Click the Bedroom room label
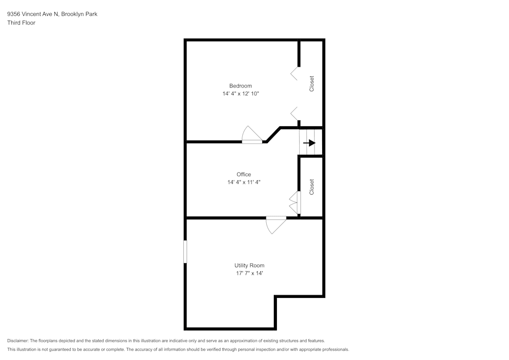(240, 86)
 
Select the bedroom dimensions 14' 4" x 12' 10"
(240, 94)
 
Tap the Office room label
(243, 174)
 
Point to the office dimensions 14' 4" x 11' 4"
(244, 182)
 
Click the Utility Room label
(249, 265)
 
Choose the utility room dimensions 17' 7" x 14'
(249, 273)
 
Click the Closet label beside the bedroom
(312, 84)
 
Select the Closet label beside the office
(312, 187)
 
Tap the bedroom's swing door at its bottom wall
(251, 135)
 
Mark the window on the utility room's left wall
(185, 252)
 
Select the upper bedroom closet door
(295, 73)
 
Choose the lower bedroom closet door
(295, 113)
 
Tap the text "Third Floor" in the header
(21, 23)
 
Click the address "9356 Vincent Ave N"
(33, 14)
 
